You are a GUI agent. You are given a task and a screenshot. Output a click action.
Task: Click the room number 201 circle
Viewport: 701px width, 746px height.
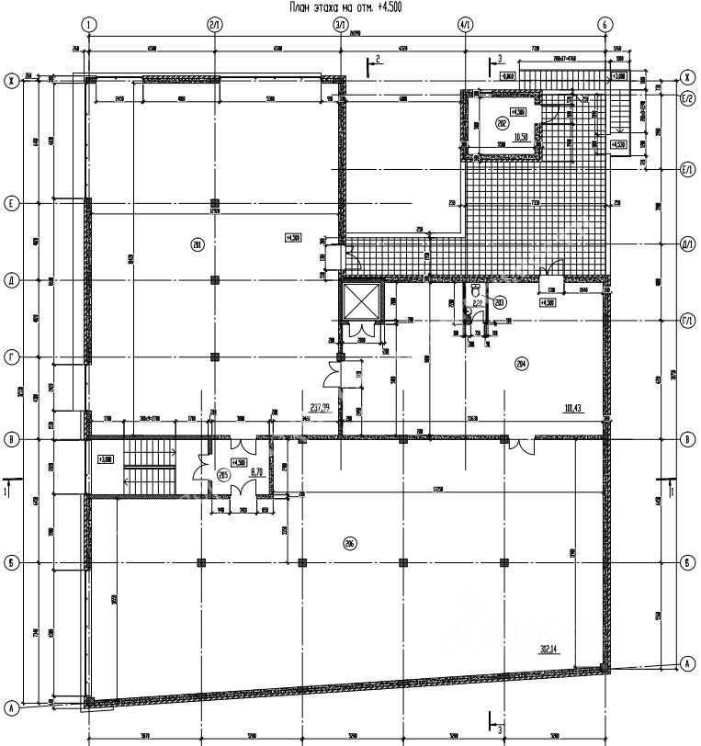coord(197,243)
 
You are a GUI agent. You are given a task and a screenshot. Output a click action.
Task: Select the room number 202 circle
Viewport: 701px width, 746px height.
coord(502,122)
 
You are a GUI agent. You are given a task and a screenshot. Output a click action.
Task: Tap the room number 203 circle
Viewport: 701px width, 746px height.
coord(500,301)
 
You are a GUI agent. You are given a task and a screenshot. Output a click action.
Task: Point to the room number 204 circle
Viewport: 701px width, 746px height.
coord(521,363)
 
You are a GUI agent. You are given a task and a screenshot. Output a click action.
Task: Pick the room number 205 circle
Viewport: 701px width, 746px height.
coord(222,474)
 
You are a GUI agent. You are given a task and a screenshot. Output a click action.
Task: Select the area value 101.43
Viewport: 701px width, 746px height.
coord(576,406)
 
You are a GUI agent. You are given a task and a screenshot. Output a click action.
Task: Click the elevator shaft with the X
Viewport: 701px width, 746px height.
coord(358,300)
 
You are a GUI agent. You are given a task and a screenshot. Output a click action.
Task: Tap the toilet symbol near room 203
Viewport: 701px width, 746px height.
coord(468,311)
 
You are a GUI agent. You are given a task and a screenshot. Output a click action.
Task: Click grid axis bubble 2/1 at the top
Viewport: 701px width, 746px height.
coord(214,23)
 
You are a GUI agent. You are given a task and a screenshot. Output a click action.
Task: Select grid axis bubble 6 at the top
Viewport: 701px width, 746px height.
coord(605,23)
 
